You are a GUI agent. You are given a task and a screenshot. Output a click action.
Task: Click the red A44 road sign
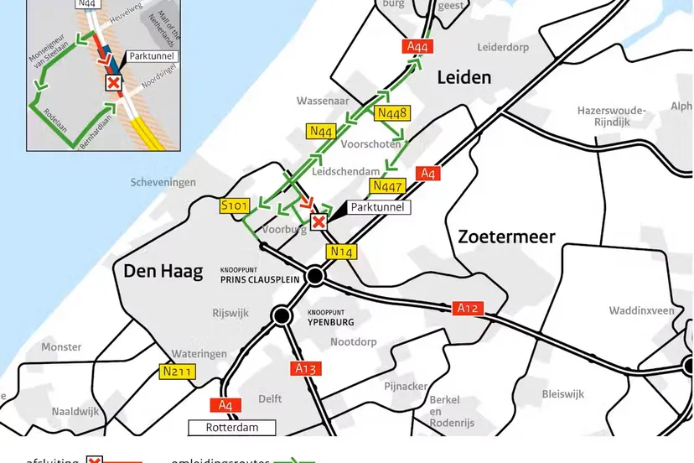coord(417,47)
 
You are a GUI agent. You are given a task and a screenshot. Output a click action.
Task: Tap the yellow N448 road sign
coord(392,113)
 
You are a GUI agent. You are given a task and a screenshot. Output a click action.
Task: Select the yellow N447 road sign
coord(388,186)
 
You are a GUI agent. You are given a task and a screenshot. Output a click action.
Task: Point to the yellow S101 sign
coord(236,206)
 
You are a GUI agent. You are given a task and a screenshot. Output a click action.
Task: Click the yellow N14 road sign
coord(343,251)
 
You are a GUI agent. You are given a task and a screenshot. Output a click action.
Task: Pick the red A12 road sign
coord(469,309)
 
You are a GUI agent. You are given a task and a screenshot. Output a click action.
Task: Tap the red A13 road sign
coord(307,368)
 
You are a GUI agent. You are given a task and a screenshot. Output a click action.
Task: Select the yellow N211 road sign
coord(177,371)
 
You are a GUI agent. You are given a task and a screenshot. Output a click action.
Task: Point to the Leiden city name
coord(464,77)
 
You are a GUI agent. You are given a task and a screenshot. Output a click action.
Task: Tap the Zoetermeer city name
coord(506,237)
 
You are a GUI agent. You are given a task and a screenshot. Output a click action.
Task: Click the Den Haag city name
coord(163,271)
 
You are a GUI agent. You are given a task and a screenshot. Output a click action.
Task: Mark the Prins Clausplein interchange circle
coord(315,275)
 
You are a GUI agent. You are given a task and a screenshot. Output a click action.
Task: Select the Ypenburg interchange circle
coord(282,315)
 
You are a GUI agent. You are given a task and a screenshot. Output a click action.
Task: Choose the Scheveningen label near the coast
coord(163,182)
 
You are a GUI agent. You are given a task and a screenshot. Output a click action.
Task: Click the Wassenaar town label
coord(322,101)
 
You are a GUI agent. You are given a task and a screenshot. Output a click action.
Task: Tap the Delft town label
coord(270,398)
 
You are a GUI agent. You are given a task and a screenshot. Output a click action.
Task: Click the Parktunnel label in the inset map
coord(151,57)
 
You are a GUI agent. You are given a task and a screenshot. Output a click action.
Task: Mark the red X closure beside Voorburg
coord(319,221)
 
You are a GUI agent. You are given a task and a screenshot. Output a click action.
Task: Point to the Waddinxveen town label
coord(641,310)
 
